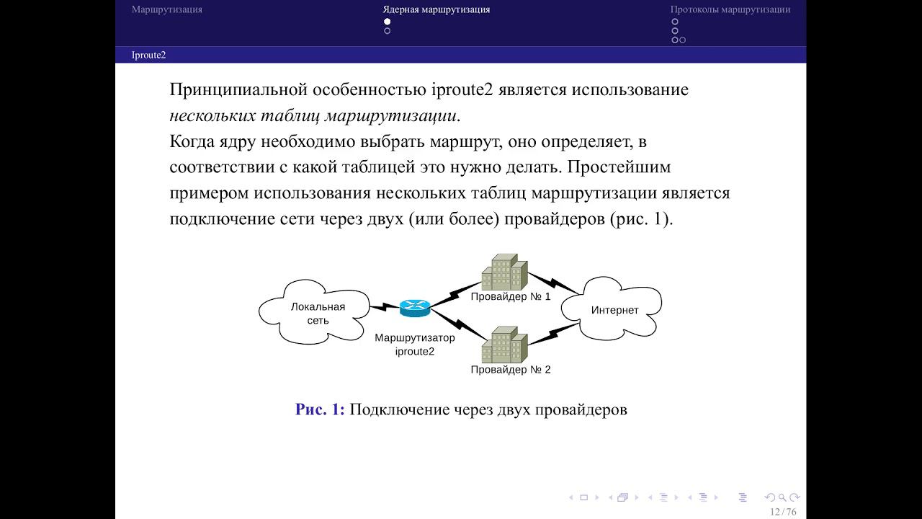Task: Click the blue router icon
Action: point(414,309)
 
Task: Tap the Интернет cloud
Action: point(614,311)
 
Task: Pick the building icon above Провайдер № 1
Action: point(504,272)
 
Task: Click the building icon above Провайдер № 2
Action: point(504,345)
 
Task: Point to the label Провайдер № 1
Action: point(510,296)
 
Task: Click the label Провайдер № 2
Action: point(510,370)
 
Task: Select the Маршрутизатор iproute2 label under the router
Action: point(415,345)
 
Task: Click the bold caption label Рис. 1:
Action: point(320,410)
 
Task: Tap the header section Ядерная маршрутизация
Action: point(437,10)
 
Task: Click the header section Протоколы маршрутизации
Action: point(730,10)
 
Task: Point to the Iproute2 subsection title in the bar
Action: point(148,55)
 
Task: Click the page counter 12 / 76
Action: point(783,512)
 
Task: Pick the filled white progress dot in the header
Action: point(388,22)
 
